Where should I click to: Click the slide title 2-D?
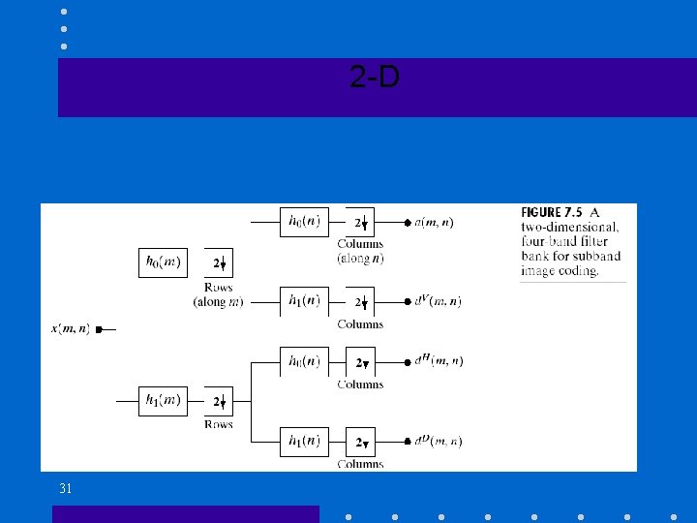click(375, 78)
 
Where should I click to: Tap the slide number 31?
click(65, 489)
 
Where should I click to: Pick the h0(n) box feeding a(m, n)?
click(304, 222)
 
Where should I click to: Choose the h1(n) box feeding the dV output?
click(304, 301)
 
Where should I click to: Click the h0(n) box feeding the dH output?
click(304, 361)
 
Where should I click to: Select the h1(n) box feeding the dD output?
click(304, 442)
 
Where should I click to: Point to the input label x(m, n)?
click(70, 329)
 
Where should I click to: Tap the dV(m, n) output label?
click(438, 301)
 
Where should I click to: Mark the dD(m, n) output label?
click(438, 442)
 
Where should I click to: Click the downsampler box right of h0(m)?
click(219, 262)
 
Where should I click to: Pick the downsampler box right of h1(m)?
click(219, 401)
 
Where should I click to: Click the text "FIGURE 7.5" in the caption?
click(554, 212)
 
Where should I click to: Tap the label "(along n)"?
click(360, 259)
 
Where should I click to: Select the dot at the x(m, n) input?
click(98, 330)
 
